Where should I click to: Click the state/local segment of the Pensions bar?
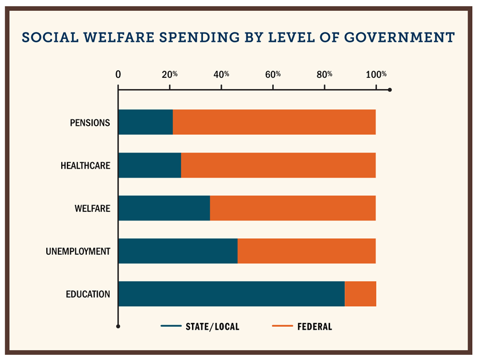pos(145,122)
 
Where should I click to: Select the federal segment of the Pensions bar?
pos(274,122)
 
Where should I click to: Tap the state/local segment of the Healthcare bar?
pos(149,166)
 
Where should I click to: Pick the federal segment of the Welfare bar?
pos(293,208)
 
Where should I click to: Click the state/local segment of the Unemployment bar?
pos(177,251)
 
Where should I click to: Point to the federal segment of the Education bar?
pos(360,294)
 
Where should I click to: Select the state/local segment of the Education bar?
pos(231,294)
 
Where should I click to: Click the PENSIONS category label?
pos(90,123)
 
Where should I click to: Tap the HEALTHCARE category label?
pos(85,166)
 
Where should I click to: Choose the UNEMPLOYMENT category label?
pos(78,251)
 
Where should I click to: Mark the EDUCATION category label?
pos(87,294)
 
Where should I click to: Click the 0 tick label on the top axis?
pos(118,74)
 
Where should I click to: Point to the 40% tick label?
pos(222,74)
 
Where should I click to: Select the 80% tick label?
pos(325,74)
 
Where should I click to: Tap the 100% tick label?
pos(376,74)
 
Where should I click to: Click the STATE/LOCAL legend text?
pos(212,327)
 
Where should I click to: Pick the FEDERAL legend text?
pos(314,327)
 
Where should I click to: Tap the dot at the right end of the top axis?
pos(390,90)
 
